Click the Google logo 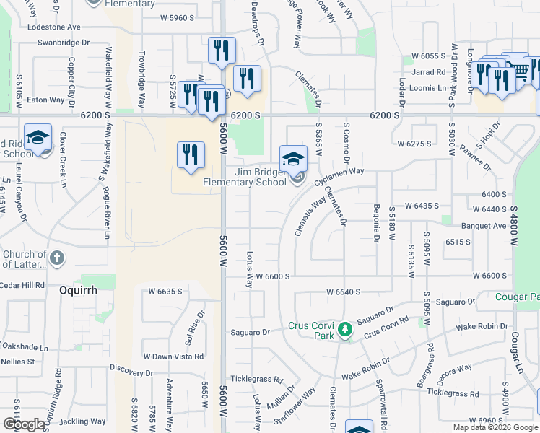[24, 424]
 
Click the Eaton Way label [45, 100]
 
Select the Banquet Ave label [484, 225]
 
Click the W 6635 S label [165, 292]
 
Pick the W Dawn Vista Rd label [173, 357]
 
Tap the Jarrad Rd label [429, 72]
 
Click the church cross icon [58, 258]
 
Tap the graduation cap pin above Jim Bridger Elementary [293, 159]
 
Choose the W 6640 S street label [343, 292]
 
